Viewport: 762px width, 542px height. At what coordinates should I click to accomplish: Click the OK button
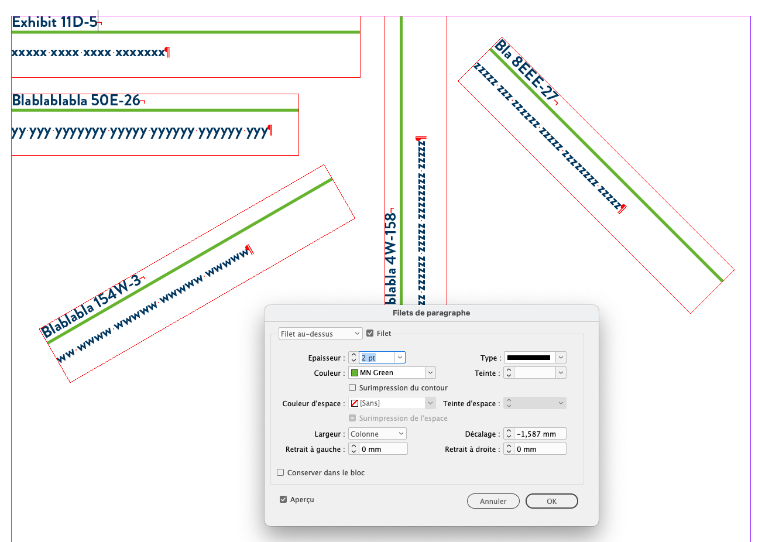551,501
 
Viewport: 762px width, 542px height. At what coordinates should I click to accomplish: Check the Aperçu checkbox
283,499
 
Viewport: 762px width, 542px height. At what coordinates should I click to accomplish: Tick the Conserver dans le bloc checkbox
280,472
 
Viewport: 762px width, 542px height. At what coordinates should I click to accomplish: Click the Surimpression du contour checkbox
352,387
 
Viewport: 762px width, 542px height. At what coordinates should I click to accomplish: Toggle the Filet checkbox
370,333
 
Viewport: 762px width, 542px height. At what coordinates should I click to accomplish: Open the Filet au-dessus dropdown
320,334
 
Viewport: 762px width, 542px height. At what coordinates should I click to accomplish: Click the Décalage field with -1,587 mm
540,434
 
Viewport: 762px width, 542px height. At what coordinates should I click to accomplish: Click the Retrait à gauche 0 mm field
383,449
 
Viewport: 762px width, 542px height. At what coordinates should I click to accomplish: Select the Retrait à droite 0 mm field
540,449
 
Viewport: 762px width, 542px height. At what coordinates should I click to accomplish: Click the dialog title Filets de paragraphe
431,313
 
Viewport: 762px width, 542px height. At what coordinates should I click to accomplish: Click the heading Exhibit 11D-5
54,22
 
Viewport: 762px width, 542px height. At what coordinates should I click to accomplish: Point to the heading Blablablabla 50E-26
76,100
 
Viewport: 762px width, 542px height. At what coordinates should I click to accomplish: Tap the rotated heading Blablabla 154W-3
91,307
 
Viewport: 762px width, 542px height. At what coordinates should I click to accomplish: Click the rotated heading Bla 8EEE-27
526,71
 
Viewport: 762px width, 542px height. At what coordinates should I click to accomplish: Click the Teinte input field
534,373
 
